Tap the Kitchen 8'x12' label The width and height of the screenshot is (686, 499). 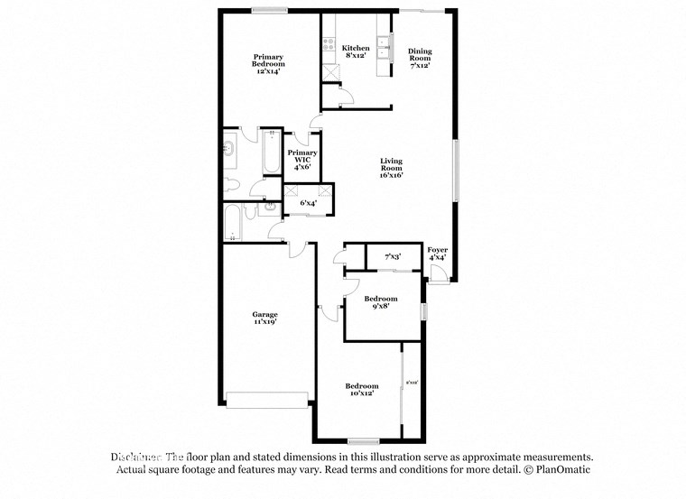[355, 51]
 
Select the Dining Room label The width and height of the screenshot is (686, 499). [420, 58]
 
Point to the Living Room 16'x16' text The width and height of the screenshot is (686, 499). [390, 168]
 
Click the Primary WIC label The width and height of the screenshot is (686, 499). [301, 160]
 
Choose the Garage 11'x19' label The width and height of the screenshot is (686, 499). [264, 318]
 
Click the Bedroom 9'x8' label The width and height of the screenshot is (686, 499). [380, 302]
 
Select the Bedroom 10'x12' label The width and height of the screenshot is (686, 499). [362, 389]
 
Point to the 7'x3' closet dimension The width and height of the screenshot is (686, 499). [393, 257]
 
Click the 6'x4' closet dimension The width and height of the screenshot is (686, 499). [308, 204]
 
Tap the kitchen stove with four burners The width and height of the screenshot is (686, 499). [326, 46]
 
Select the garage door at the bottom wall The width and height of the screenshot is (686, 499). [267, 399]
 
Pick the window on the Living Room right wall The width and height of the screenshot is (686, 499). [456, 172]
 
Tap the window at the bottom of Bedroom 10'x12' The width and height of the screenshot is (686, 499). [362, 440]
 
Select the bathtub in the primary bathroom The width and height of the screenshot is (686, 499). [270, 154]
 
